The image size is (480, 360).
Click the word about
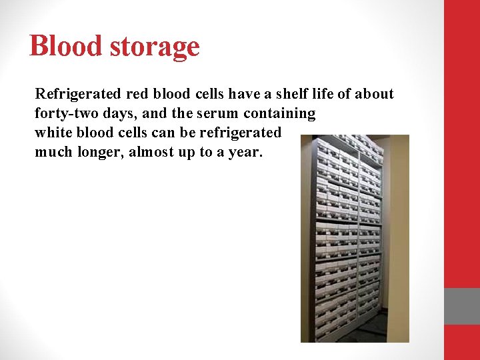(376, 94)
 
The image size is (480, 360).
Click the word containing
(280, 113)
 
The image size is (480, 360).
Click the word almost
(154, 151)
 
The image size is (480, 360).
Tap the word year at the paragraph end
(246, 151)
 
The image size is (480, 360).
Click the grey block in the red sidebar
(462, 306)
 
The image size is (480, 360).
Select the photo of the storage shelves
(354, 238)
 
